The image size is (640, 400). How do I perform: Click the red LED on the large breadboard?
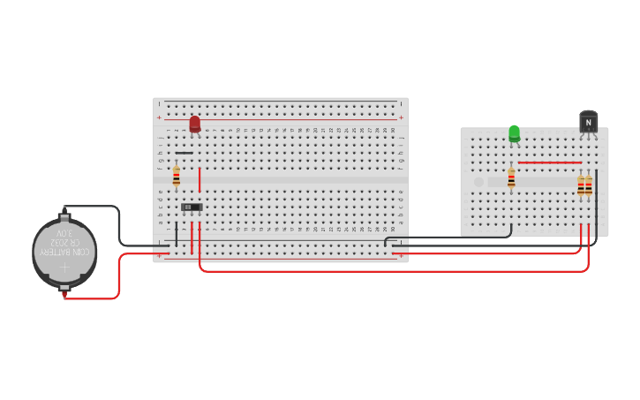pos(194,124)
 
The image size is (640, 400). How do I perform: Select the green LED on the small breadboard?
pos(514,133)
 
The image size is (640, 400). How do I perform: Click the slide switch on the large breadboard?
pos(191,208)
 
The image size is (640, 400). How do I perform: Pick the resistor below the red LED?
pos(177,177)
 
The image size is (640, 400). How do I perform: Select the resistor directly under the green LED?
pos(511,179)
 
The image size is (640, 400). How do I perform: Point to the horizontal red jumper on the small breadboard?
pos(549,162)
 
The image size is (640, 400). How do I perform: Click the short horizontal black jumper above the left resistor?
pos(184,153)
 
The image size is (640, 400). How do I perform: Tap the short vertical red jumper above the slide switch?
pos(200,179)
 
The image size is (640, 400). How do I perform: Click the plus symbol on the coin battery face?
pos(64,267)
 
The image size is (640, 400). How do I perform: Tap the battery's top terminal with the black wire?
pos(64,215)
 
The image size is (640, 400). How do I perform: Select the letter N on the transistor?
pos(588,123)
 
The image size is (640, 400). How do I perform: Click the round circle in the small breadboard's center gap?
pos(478,182)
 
